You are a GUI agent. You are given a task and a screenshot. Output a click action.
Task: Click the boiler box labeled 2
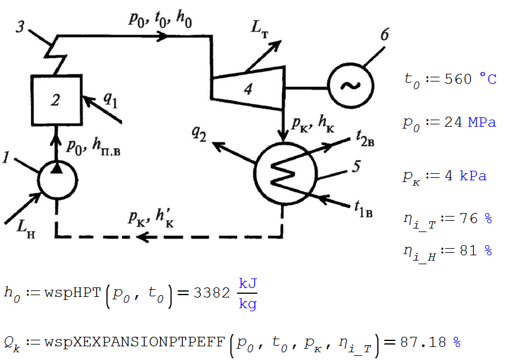[x=54, y=100]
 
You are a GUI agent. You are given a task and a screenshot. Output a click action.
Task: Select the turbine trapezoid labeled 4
[x=247, y=89]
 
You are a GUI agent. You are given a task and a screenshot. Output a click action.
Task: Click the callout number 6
[x=384, y=36]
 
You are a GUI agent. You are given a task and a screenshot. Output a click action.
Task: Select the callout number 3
[x=21, y=29]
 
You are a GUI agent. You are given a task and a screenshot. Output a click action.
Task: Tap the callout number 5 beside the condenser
[x=356, y=167]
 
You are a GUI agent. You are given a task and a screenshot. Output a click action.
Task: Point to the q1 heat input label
[x=110, y=100]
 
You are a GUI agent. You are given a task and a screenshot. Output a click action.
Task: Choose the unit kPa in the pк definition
[x=473, y=176]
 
